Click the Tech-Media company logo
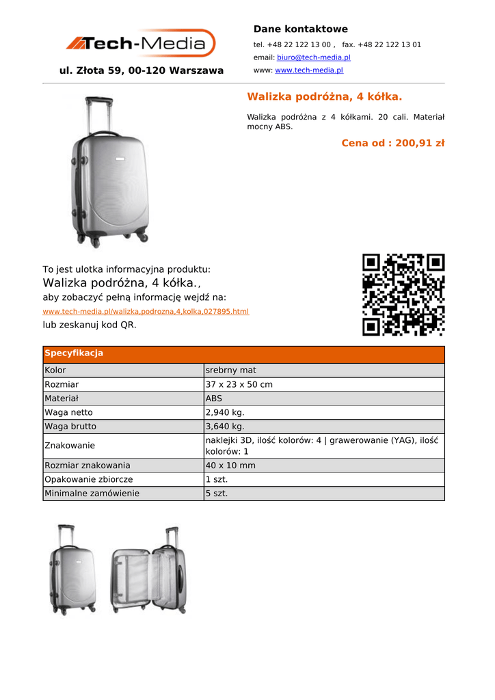click(x=141, y=44)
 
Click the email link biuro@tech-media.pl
click(x=313, y=57)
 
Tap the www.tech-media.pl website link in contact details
click(x=308, y=70)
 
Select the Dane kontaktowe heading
click(x=300, y=29)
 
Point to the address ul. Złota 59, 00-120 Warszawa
click(x=142, y=70)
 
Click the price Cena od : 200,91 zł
click(x=392, y=143)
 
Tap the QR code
click(x=403, y=295)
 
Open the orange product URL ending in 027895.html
click(x=146, y=311)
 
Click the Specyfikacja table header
click(x=74, y=353)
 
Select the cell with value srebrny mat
click(x=230, y=371)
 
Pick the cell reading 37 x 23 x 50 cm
click(x=239, y=384)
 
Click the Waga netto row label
click(x=68, y=412)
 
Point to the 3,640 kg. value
click(x=225, y=426)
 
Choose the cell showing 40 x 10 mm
click(x=230, y=466)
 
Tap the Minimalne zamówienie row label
click(x=92, y=493)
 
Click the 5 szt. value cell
click(x=217, y=493)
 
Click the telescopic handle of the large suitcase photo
click(x=98, y=115)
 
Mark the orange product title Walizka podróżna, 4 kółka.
click(x=324, y=96)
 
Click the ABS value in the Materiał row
click(x=214, y=398)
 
